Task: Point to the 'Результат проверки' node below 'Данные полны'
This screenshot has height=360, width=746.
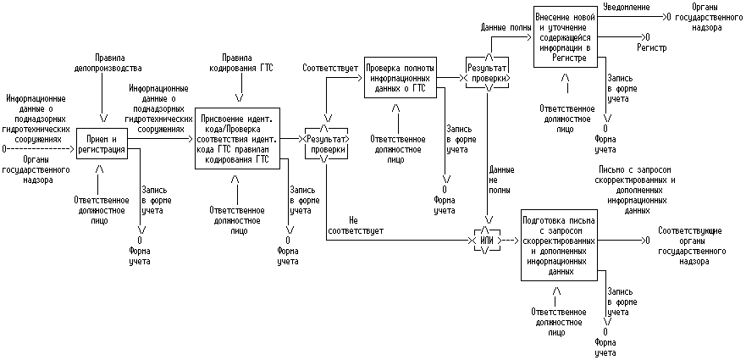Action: click(x=488, y=72)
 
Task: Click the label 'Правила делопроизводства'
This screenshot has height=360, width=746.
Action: click(x=108, y=63)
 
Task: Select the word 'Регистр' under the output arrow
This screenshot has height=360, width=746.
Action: click(x=652, y=47)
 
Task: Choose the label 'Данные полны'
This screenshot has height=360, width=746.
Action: click(x=506, y=28)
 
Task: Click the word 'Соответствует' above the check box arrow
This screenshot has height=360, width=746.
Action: click(x=330, y=68)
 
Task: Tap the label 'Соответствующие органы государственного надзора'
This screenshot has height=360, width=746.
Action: click(x=693, y=246)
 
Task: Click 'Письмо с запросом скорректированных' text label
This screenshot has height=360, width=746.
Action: click(x=636, y=174)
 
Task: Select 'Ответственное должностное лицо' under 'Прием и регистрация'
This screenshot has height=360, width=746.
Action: click(x=99, y=210)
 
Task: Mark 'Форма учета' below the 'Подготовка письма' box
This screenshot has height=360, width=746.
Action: click(x=605, y=347)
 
